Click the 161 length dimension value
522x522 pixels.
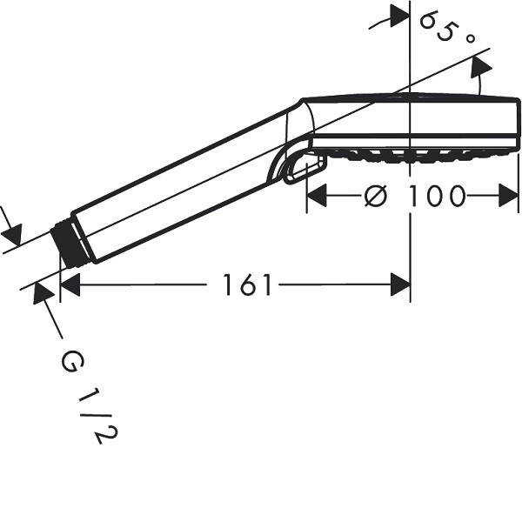pos(247,284)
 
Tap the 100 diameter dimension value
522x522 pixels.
pos(436,196)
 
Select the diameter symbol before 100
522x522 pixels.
pos(376,196)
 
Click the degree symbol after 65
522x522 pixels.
pos(470,38)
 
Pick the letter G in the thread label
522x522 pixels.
pos(72,363)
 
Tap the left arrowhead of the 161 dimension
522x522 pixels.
pos(70,284)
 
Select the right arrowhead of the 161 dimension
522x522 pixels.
pos(400,284)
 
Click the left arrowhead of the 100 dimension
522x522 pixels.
pos(317,196)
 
